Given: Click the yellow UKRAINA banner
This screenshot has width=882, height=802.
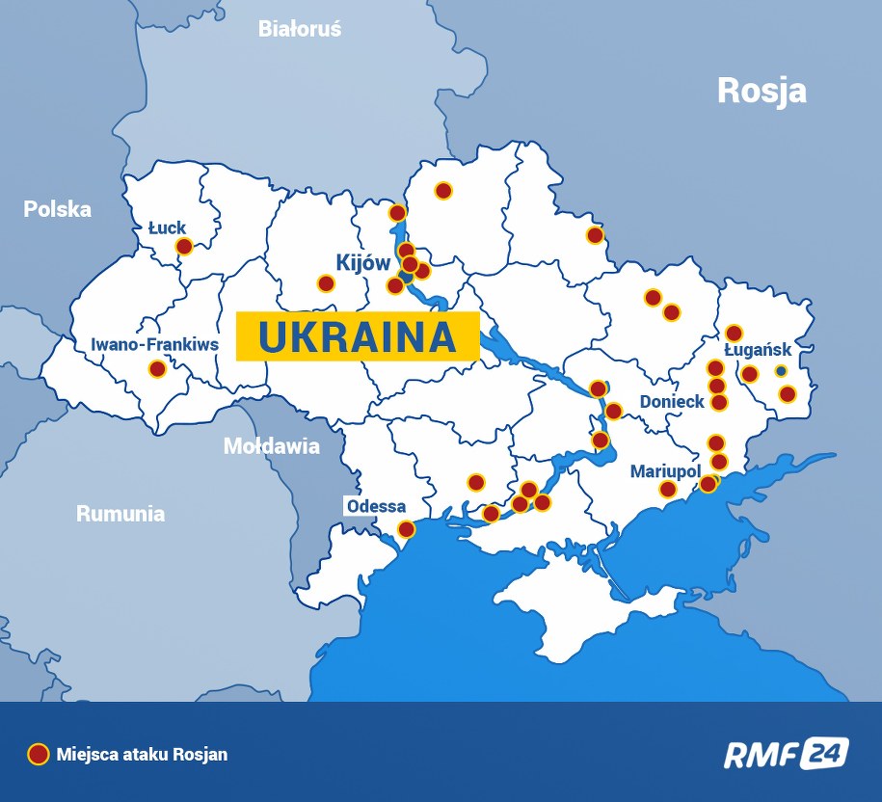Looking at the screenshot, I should pyautogui.click(x=358, y=336).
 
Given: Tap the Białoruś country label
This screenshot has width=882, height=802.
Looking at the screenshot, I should pyautogui.click(x=299, y=29).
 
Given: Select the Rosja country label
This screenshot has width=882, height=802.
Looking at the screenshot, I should pyautogui.click(x=762, y=91).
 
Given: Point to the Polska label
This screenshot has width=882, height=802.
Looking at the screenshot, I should pyautogui.click(x=58, y=209).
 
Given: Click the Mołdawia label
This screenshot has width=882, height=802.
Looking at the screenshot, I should pyautogui.click(x=271, y=446).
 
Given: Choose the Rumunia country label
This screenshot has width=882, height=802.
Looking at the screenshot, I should pyautogui.click(x=120, y=514).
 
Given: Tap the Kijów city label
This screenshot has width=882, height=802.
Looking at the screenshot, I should pyautogui.click(x=362, y=262).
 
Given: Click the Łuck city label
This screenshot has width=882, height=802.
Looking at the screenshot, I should pyautogui.click(x=167, y=227).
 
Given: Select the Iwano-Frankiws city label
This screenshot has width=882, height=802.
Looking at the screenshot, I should pyautogui.click(x=154, y=344).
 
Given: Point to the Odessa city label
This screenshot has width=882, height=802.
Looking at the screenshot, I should pyautogui.click(x=377, y=507).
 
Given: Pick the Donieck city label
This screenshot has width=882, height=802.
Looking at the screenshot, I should pyautogui.click(x=673, y=401).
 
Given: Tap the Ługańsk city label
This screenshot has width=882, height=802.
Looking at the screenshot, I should pyautogui.click(x=758, y=350).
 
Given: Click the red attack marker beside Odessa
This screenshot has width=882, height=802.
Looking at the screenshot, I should pyautogui.click(x=407, y=529).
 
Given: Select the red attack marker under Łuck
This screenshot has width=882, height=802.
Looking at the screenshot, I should pyautogui.click(x=184, y=247).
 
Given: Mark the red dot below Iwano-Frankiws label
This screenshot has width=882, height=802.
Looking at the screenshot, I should pyautogui.click(x=157, y=368).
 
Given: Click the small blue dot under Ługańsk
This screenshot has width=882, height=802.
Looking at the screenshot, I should pyautogui.click(x=781, y=371).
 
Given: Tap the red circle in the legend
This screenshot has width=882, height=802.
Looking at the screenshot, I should pyautogui.click(x=38, y=754).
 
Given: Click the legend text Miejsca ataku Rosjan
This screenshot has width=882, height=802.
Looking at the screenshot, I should pyautogui.click(x=142, y=755).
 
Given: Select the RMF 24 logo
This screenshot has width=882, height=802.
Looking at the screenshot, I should pyautogui.click(x=786, y=753).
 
